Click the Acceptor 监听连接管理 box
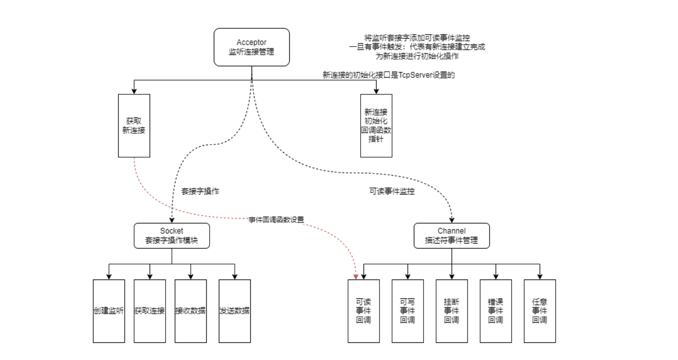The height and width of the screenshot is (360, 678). (252, 47)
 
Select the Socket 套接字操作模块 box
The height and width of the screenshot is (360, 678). (171, 236)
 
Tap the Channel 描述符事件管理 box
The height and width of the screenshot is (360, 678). (452, 236)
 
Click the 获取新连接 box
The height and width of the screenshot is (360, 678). (134, 126)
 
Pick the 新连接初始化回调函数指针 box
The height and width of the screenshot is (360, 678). (376, 126)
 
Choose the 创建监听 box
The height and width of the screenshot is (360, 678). (109, 311)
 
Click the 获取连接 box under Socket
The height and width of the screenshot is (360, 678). (150, 311)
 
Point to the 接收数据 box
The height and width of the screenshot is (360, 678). (190, 311)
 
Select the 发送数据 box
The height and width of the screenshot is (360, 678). (234, 311)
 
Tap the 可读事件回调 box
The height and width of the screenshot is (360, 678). (364, 311)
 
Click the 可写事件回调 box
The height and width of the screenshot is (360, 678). (408, 311)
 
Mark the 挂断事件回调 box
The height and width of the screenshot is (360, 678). (452, 311)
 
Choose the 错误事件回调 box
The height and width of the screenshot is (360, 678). (496, 311)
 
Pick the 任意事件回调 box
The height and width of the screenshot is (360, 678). (540, 311)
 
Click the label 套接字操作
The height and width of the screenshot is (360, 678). (200, 192)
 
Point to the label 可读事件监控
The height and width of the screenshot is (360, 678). (392, 192)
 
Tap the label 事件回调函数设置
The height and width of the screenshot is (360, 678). (276, 220)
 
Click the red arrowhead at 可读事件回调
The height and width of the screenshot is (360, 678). (356, 277)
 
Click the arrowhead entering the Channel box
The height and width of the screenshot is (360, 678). (452, 220)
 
